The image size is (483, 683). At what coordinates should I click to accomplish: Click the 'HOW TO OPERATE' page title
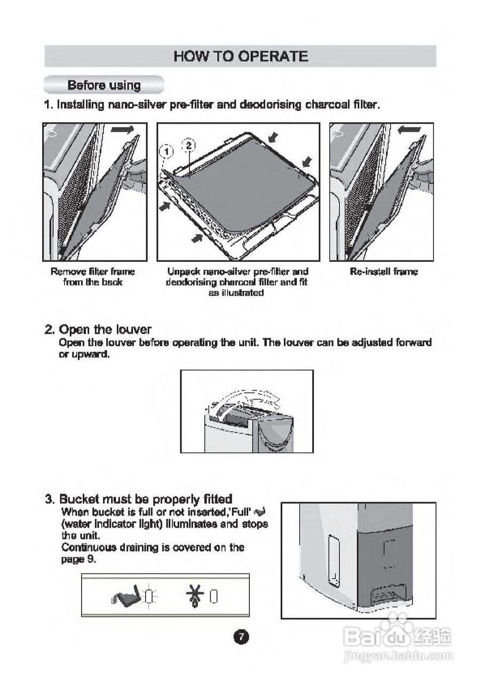[241, 57]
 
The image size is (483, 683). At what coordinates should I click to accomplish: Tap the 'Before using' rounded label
[104, 85]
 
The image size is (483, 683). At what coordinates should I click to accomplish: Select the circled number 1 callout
[167, 152]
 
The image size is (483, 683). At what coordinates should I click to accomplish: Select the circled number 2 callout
[189, 145]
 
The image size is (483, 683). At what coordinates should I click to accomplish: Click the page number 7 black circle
[241, 637]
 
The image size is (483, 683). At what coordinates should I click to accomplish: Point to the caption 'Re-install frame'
[384, 272]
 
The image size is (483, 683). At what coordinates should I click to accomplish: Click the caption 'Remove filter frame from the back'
[93, 276]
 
